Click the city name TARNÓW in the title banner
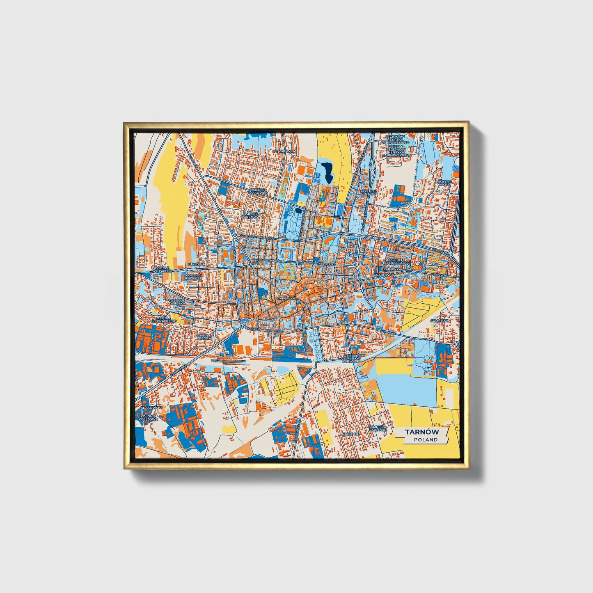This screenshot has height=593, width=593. [x=422, y=432]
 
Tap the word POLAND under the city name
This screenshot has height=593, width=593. [x=425, y=440]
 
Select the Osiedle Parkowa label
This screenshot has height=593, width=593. [x=251, y=215]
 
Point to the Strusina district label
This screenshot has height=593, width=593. [x=196, y=264]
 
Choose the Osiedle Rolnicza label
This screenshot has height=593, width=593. [x=193, y=276]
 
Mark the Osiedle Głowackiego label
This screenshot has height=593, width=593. [x=164, y=319]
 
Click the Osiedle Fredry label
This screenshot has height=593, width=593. [x=203, y=337]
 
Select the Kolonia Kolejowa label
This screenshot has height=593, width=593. [x=148, y=418]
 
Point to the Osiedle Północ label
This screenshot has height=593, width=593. [x=368, y=192]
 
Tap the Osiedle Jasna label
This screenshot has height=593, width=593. [x=444, y=183]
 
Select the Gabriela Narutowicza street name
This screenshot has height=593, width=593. [x=262, y=330]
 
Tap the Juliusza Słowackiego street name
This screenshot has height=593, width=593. [x=257, y=237]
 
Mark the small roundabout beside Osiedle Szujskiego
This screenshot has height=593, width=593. [x=185, y=270]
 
